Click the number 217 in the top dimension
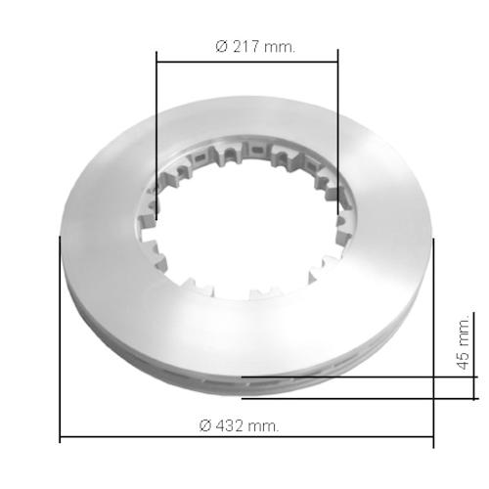click(245, 47)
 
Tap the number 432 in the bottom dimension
click(230, 425)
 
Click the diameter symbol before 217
click(221, 47)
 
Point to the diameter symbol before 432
click(205, 425)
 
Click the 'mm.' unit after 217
click(280, 48)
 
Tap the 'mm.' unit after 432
click(263, 426)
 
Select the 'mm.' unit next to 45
click(464, 332)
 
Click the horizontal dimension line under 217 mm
click(247, 61)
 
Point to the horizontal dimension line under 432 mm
click(246, 437)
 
